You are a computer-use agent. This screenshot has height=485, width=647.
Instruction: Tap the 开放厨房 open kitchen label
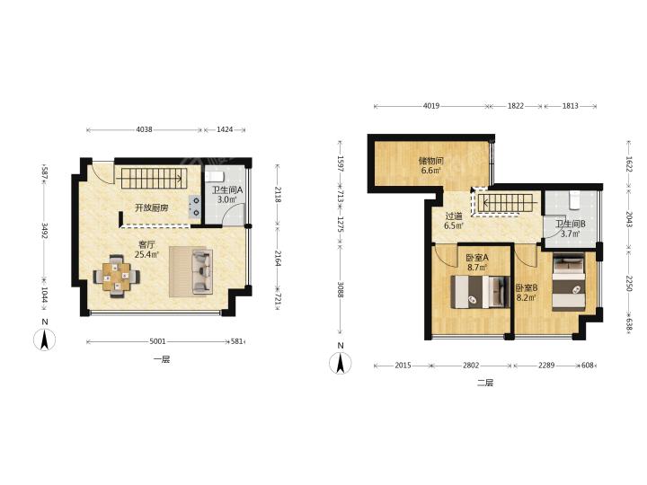152,207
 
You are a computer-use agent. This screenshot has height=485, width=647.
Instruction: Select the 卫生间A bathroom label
227,190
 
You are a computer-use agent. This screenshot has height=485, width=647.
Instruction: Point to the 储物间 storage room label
430,161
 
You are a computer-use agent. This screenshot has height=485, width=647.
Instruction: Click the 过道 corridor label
454,216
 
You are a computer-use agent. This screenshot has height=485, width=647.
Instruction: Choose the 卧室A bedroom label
477,258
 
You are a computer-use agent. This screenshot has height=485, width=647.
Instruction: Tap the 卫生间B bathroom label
571,225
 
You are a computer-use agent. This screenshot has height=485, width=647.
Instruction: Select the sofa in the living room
202,271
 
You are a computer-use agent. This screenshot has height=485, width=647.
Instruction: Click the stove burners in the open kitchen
194,207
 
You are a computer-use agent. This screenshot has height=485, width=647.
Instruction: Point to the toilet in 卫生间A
214,177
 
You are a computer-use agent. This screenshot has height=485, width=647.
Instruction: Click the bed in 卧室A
479,292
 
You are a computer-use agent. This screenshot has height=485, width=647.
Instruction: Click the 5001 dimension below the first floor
157,341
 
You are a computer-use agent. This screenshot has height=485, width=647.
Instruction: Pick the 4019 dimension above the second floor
430,106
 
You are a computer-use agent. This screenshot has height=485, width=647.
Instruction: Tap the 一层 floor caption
162,359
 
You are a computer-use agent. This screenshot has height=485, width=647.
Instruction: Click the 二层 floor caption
485,383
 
